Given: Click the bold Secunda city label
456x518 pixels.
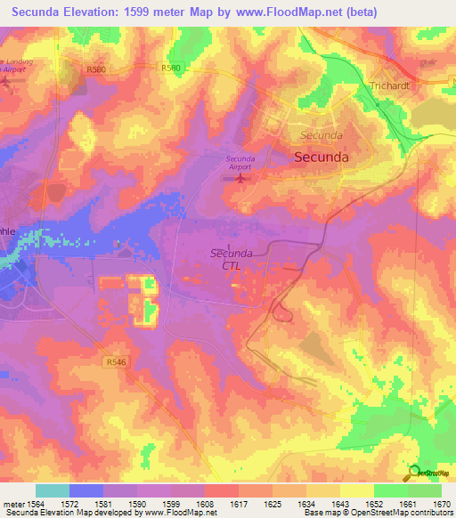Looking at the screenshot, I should click(x=321, y=156).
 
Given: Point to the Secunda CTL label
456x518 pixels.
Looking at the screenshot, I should click(x=231, y=259).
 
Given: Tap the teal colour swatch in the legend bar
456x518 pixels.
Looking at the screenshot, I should click(x=52, y=490).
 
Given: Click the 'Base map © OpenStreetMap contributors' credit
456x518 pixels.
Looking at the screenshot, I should click(x=378, y=514).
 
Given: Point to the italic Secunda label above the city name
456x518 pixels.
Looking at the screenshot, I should click(x=321, y=135).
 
